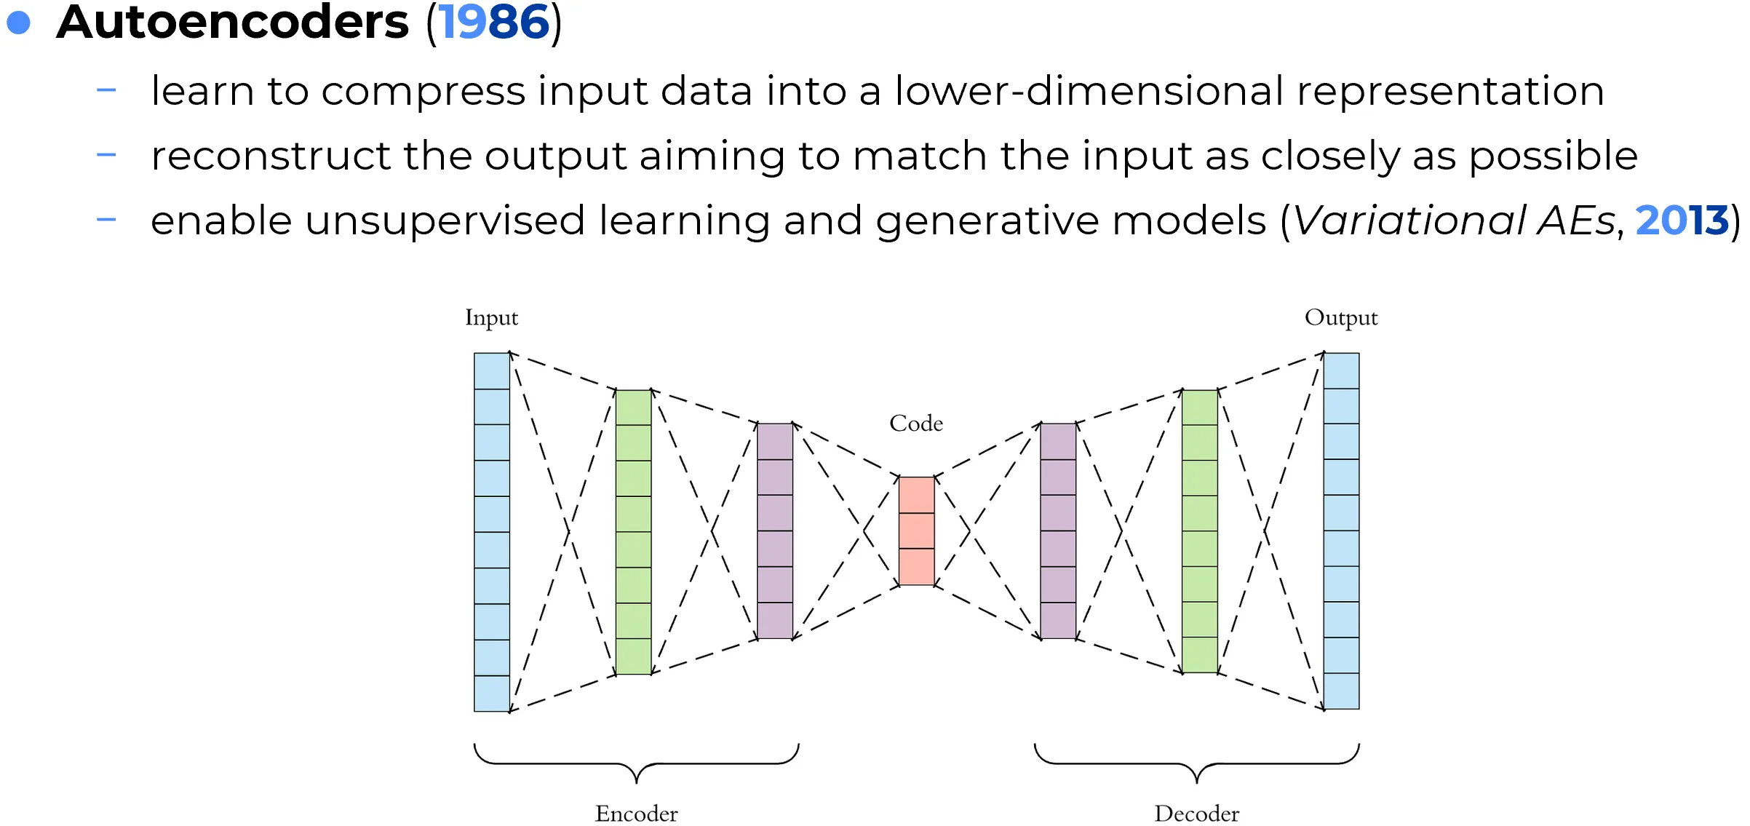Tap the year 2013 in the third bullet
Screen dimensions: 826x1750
[1682, 220]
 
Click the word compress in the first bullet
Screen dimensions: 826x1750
[423, 92]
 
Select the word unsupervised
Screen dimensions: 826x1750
[445, 220]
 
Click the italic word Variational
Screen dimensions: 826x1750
[1409, 220]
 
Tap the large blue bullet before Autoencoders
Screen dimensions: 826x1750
[18, 23]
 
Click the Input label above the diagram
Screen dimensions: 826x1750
[491, 317]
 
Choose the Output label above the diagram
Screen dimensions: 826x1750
[1340, 317]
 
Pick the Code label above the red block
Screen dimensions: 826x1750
[916, 423]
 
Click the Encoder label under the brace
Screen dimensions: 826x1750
[636, 813]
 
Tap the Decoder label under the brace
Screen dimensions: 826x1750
[1196, 813]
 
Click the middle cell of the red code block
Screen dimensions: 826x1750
[916, 531]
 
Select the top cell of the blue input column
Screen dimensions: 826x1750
[492, 371]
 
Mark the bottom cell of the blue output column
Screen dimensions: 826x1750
[1341, 691]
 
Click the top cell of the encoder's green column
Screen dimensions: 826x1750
[633, 408]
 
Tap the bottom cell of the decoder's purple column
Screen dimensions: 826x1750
[1058, 620]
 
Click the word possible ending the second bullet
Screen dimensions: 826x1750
[1553, 156]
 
